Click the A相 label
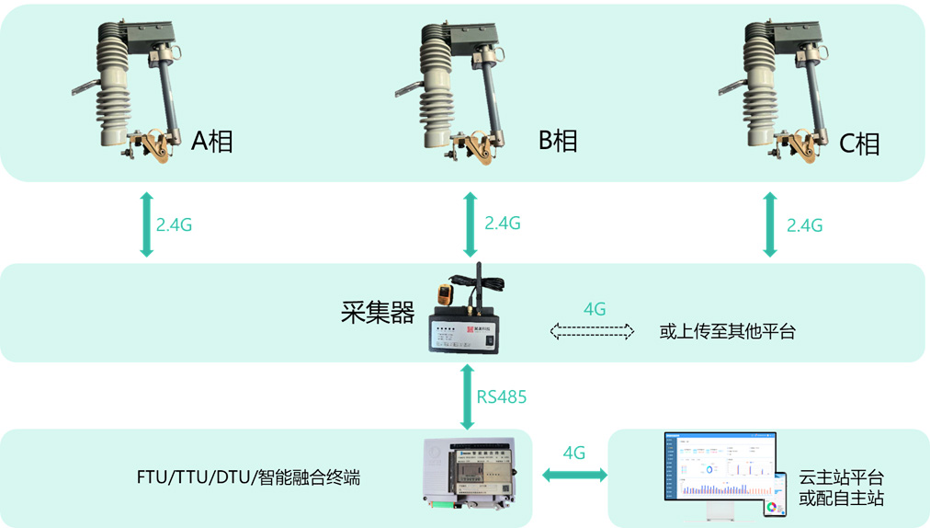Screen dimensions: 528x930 pyautogui.click(x=212, y=142)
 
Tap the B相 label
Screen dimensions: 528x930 pyautogui.click(x=558, y=141)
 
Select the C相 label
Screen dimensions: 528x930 pyautogui.click(x=859, y=143)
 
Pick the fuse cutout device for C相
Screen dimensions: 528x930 pyautogui.click(x=781, y=92)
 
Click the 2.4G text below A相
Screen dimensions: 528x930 pyautogui.click(x=174, y=224)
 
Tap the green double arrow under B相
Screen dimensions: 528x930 pyautogui.click(x=471, y=224)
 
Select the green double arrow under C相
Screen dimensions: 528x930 pyautogui.click(x=770, y=224)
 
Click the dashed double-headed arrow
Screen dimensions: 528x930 pyautogui.click(x=593, y=331)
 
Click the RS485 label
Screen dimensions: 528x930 pyautogui.click(x=501, y=397)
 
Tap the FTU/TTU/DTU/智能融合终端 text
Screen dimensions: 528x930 pyautogui.click(x=247, y=477)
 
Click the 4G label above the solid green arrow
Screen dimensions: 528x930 pyautogui.click(x=574, y=453)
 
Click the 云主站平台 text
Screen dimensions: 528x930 pyautogui.click(x=841, y=478)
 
